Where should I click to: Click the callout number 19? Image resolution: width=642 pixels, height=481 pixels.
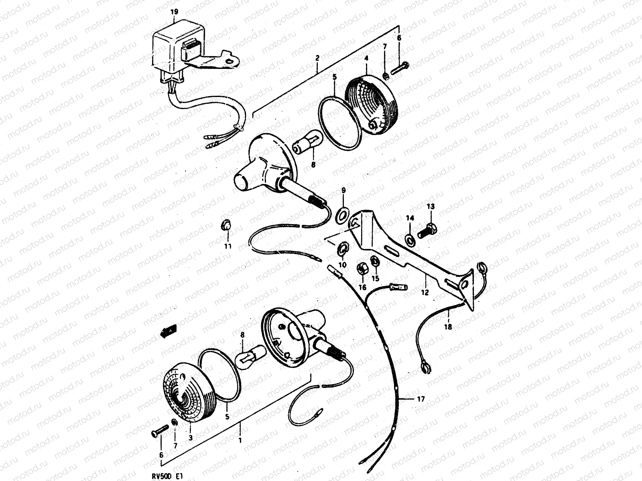[174, 12]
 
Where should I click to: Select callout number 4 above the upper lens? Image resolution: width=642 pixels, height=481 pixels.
[366, 58]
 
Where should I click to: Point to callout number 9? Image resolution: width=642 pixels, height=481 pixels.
[343, 190]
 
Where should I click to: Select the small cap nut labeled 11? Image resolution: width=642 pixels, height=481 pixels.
[226, 225]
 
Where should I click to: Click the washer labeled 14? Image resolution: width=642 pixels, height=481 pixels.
[410, 239]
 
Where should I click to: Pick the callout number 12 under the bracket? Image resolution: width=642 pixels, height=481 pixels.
[425, 292]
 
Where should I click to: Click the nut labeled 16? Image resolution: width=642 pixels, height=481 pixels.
[362, 269]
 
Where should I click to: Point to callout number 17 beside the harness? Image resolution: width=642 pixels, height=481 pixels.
[421, 399]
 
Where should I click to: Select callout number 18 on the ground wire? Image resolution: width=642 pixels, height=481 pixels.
[448, 327]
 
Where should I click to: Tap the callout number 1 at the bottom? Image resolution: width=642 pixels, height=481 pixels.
[240, 441]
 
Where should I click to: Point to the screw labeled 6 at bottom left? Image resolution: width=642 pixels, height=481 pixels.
[160, 431]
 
